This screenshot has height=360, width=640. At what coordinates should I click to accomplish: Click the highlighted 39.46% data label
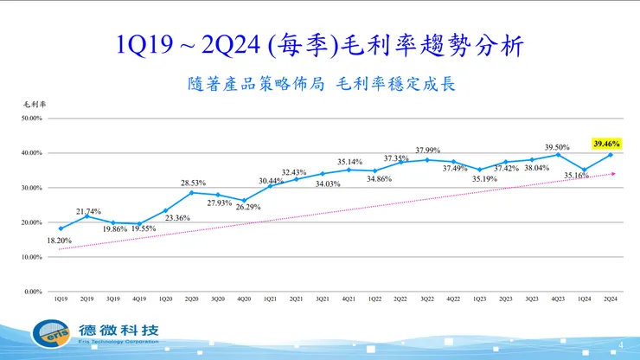coord(608,144)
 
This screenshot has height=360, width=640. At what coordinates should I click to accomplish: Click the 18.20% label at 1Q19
coord(60,241)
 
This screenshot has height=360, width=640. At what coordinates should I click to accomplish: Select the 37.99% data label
coord(428,150)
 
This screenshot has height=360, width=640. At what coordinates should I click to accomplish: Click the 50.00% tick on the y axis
coord(32,119)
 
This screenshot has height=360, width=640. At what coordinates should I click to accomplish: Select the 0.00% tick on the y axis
coord(34,292)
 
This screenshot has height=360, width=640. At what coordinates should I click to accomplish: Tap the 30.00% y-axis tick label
coord(32,188)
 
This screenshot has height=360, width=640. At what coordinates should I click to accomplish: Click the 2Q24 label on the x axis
coord(610,299)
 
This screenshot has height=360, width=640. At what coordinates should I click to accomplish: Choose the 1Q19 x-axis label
coord(61,299)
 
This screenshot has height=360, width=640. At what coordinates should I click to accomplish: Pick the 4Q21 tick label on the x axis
coord(348,299)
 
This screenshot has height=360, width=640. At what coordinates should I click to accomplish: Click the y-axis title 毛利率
coord(34,104)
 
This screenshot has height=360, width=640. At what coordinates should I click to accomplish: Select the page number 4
coord(621,345)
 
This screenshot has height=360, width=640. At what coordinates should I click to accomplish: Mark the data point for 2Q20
coord(191,192)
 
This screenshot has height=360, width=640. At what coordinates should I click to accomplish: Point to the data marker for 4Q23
coord(558,155)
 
